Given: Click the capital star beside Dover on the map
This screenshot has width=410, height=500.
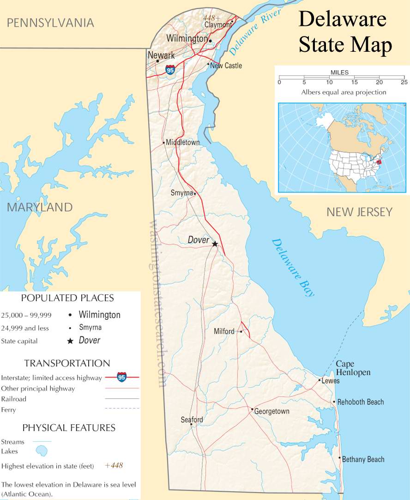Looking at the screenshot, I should (215, 243).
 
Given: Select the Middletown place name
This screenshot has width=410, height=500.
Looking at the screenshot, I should (183, 142).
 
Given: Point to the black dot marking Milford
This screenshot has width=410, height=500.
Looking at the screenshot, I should (241, 331).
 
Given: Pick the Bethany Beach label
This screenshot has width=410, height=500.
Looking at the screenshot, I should (363, 459).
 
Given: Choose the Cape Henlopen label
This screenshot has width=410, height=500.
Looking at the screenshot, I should (353, 368).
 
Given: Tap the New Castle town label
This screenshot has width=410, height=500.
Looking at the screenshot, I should (226, 66).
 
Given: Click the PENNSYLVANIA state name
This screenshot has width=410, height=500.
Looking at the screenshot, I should (50, 23).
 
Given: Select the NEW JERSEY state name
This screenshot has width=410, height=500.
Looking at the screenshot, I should (359, 212).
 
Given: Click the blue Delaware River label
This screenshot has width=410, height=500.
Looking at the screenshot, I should (255, 32).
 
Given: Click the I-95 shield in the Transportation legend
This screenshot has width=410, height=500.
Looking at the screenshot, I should (121, 377).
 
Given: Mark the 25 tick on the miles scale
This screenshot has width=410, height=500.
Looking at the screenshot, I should (404, 82).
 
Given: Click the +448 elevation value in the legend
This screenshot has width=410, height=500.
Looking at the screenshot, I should (114, 465).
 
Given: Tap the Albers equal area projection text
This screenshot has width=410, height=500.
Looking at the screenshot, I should (344, 92).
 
